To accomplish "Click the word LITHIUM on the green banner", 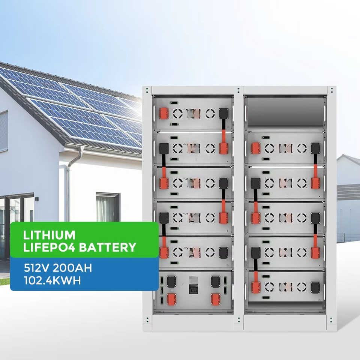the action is tap(49, 235).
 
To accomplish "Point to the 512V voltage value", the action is tap(37, 268).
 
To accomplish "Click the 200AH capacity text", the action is tap(73, 268).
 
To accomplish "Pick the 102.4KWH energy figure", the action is tap(52, 280).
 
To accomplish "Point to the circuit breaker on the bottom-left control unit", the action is tap(193, 285).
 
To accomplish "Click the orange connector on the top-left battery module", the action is tap(164, 113).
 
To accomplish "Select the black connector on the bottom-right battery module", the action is tap(315, 287).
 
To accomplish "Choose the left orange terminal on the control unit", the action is tap(172, 298).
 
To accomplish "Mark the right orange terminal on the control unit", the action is tap(215, 298).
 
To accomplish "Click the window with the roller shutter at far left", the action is tap(3, 131).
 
